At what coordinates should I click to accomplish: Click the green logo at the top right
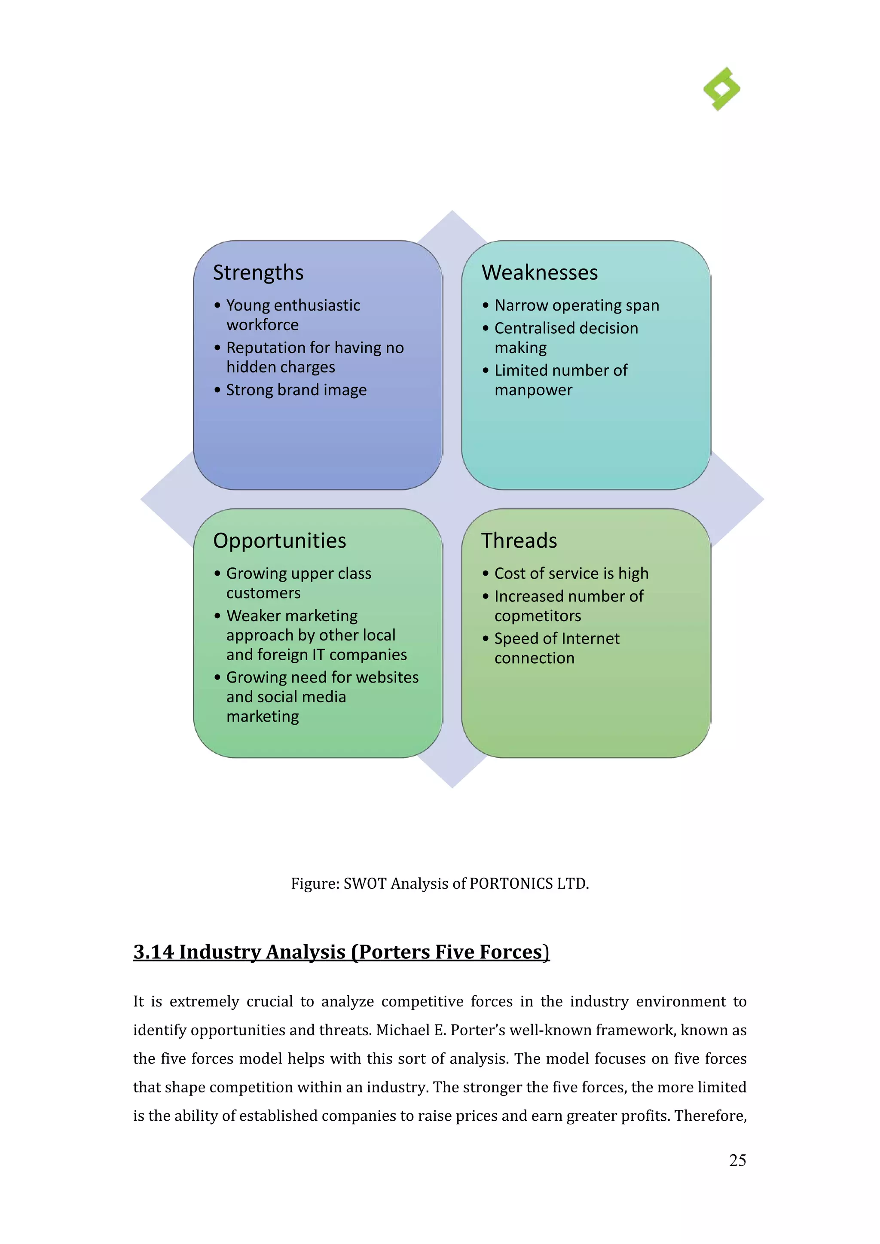(x=722, y=89)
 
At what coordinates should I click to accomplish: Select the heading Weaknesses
(x=540, y=272)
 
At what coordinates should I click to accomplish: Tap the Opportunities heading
(x=280, y=541)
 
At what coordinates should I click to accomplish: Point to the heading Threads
(x=519, y=541)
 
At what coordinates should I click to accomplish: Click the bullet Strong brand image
(x=296, y=390)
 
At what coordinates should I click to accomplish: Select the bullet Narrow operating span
(x=577, y=305)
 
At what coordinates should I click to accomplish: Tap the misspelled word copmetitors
(x=538, y=616)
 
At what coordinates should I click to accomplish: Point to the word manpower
(x=533, y=390)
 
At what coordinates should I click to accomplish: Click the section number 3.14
(x=153, y=952)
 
